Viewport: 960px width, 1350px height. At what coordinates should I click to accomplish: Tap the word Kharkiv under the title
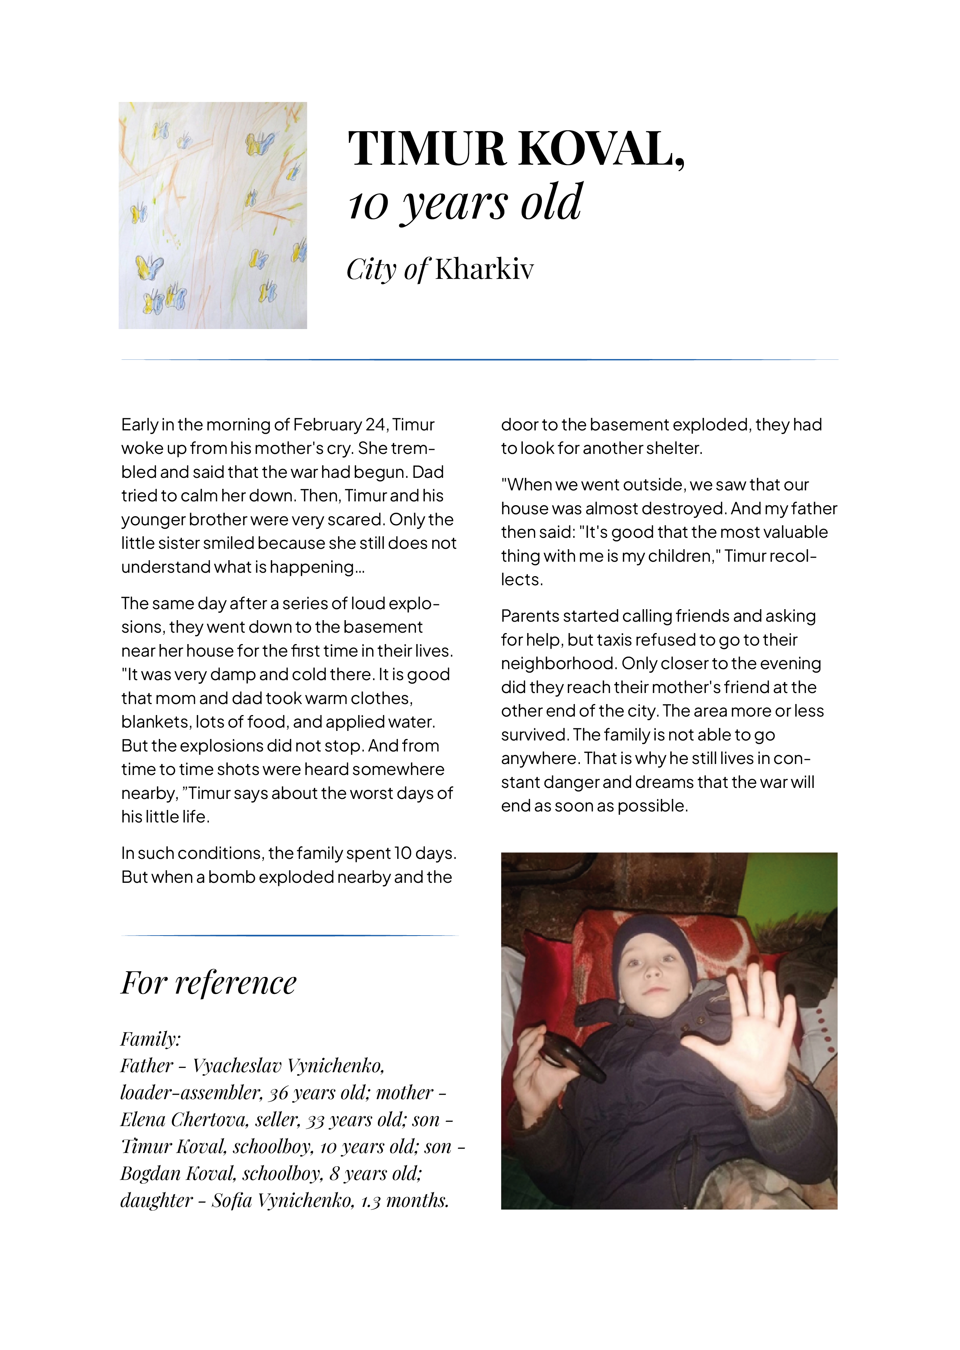(484, 269)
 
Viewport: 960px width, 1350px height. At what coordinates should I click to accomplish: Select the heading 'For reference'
(208, 983)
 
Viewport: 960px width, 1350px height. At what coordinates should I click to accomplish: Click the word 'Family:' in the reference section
(151, 1039)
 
